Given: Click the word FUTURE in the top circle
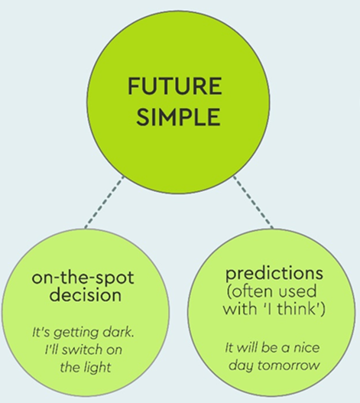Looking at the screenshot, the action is [x=175, y=86].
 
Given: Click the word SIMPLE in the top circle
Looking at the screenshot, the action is [x=178, y=116].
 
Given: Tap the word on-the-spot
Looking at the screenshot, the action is [x=83, y=278].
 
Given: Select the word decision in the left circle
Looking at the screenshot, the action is [x=86, y=294].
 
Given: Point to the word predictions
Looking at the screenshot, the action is [x=274, y=275].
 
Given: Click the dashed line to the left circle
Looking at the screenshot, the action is [x=104, y=202].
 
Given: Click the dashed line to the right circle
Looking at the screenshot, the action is [x=253, y=202].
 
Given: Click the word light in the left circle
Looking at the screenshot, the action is [x=98, y=367].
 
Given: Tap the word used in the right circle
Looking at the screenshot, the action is [x=297, y=291].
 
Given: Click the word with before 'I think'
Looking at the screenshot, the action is [x=239, y=308].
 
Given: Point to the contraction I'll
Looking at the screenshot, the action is [x=52, y=349].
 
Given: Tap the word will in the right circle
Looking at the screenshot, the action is [x=247, y=348].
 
